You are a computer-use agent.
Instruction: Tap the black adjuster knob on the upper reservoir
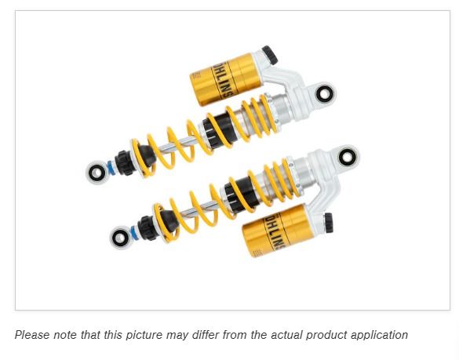pos(268,54)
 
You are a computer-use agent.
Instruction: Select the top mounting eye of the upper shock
pos(323,95)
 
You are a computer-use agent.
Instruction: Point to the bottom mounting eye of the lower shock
pos(121,235)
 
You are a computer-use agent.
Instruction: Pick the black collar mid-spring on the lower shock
pos(235,188)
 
